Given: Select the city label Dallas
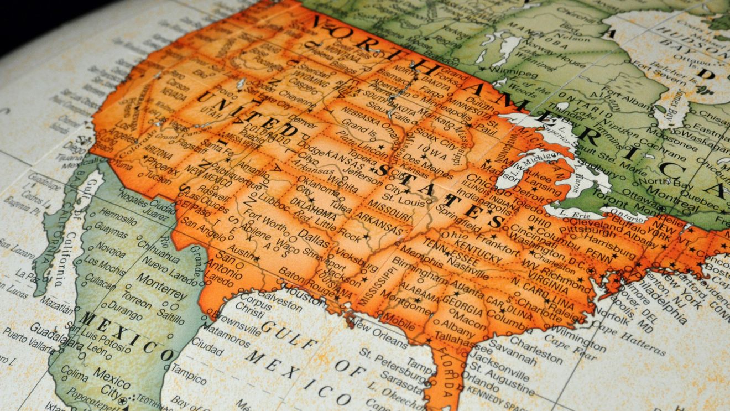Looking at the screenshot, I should pyautogui.click(x=313, y=238).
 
